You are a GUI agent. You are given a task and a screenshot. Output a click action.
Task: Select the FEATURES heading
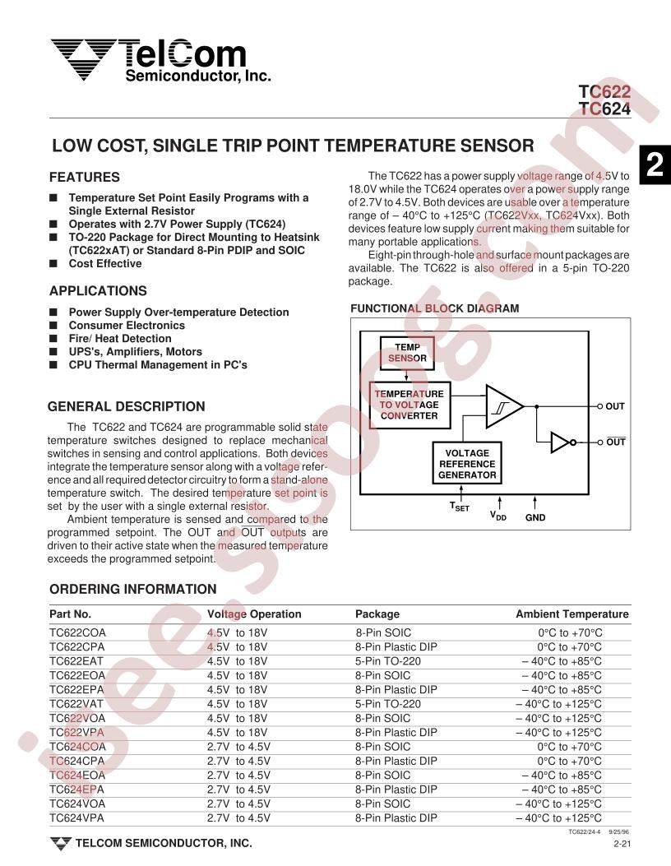point(85,177)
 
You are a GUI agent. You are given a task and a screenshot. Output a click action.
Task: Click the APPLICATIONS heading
point(98,291)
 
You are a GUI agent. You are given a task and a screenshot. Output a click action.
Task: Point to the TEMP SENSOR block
point(407,354)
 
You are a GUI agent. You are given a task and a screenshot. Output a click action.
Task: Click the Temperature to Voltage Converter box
point(409,405)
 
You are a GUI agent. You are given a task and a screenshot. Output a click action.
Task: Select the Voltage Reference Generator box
point(466,464)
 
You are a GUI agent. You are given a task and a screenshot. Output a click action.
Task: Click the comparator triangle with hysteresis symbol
point(503,406)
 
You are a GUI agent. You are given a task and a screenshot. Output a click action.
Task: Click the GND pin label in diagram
point(535,518)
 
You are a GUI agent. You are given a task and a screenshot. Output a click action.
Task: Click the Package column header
point(377,614)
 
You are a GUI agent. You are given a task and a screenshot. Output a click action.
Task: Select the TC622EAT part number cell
point(78,660)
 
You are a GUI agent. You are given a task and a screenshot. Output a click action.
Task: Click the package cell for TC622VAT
point(388,704)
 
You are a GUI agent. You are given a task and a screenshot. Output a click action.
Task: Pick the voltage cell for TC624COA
point(238,747)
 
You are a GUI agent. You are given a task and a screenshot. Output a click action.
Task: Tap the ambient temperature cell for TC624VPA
point(558,818)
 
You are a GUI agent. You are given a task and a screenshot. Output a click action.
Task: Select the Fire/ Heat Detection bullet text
point(120,338)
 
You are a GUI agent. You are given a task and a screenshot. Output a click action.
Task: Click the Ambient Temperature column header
point(572,614)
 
